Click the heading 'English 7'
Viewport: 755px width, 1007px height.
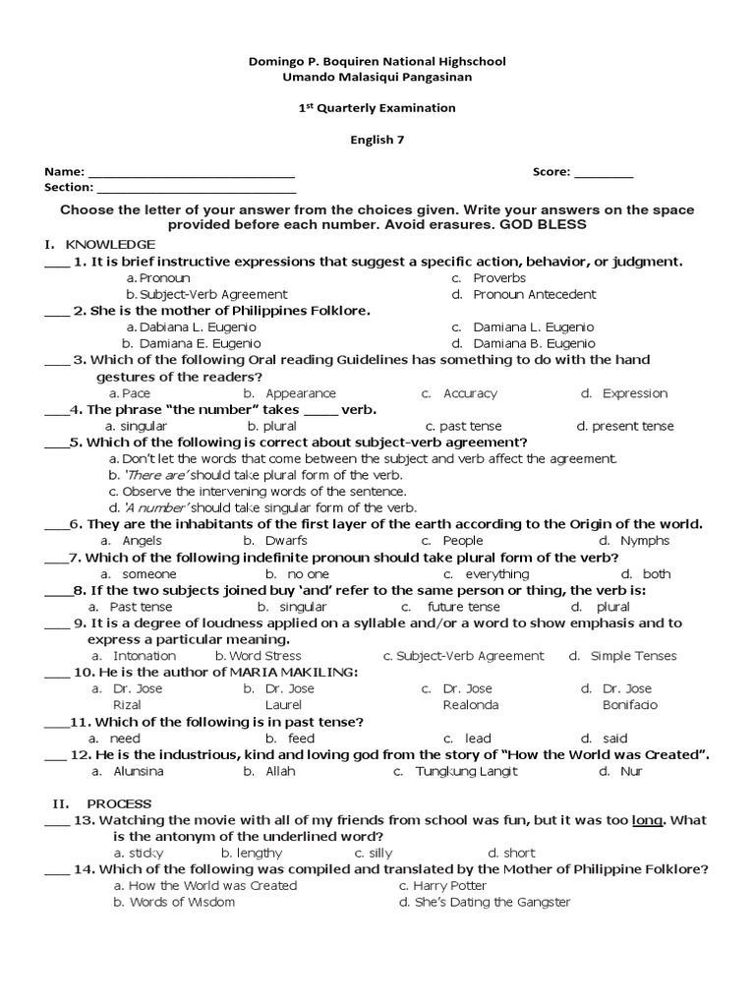click(x=377, y=140)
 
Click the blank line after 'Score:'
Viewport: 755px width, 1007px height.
click(x=604, y=173)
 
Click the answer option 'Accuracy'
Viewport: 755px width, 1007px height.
click(x=470, y=393)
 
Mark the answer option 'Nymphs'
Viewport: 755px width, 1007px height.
click(x=645, y=541)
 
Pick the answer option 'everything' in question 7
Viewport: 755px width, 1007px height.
click(x=496, y=574)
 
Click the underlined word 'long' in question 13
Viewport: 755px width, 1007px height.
click(x=647, y=820)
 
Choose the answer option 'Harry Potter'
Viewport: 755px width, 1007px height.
click(x=450, y=886)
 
